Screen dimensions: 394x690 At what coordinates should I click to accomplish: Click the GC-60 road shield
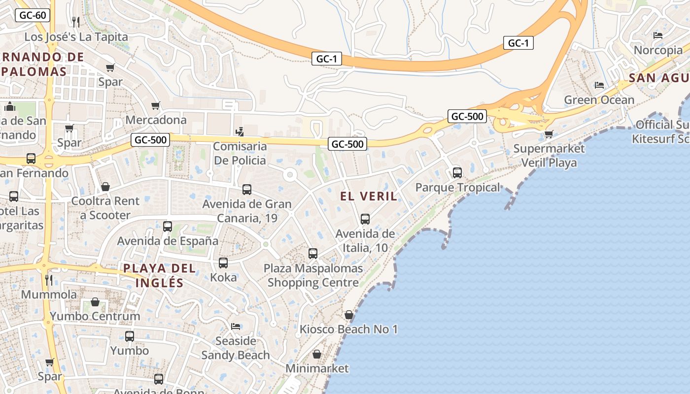point(34,15)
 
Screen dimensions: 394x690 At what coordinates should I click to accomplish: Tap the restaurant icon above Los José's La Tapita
point(76,22)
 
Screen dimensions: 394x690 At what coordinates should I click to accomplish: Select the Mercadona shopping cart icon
point(156,105)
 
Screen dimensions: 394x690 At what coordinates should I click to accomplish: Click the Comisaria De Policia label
point(240,153)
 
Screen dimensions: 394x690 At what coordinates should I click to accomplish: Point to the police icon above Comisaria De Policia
point(240,131)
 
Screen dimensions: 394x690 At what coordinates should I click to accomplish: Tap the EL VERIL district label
point(369,196)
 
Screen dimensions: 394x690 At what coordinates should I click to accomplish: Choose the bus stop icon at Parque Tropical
point(457,173)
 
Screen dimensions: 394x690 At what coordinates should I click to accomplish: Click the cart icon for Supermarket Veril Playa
point(549,134)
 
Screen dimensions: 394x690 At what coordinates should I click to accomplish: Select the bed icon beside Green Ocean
point(599,85)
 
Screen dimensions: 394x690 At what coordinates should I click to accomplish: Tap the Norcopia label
point(658,50)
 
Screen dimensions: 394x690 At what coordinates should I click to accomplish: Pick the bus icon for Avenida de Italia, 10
point(365,219)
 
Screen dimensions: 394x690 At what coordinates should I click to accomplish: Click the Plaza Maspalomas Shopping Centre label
point(313,275)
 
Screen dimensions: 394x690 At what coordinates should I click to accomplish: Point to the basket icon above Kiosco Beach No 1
point(349,315)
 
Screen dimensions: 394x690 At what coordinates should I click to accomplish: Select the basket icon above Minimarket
point(317,354)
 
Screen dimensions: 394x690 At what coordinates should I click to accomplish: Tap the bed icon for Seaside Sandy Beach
point(236,327)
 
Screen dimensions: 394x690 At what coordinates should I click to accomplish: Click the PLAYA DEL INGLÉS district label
point(159,275)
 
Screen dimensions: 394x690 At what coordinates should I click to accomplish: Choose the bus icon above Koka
point(223,263)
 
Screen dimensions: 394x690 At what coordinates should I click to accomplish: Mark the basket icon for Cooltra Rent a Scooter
point(105,187)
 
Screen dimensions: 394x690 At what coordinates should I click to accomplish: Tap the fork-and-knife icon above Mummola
point(49,280)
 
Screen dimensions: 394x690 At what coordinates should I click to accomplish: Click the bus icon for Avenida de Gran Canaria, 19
point(247,190)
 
